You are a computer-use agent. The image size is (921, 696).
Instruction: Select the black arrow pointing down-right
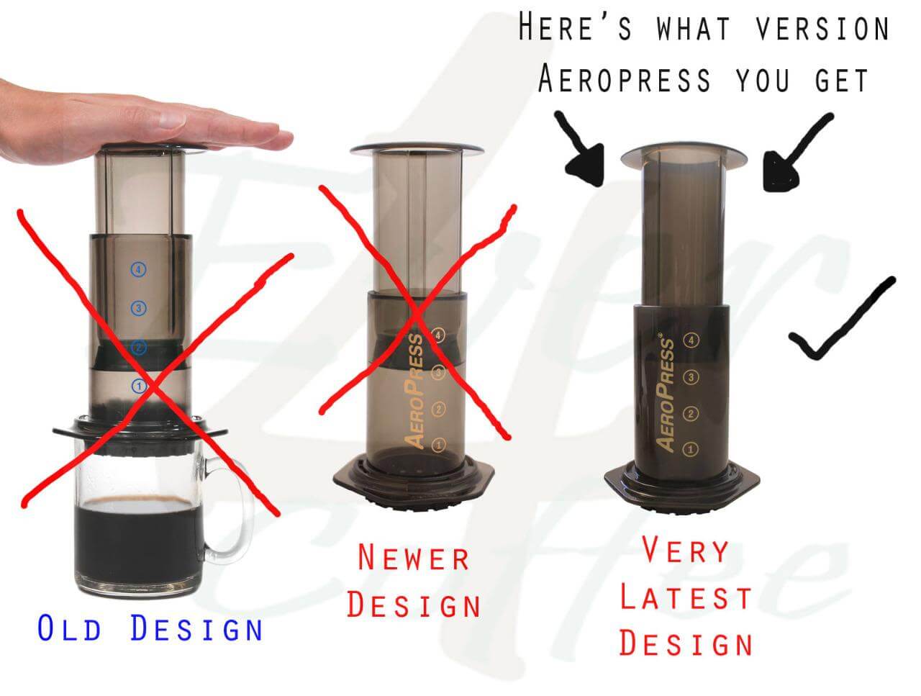[581, 152]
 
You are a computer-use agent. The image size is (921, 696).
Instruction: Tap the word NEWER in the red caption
[414, 558]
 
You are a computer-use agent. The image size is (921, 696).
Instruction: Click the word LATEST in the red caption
[685, 598]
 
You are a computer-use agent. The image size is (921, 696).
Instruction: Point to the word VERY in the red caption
[685, 551]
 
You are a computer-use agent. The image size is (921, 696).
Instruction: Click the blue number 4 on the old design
[139, 270]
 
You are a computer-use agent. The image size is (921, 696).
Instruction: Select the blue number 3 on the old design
[139, 309]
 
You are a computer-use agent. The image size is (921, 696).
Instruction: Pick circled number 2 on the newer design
[438, 410]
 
